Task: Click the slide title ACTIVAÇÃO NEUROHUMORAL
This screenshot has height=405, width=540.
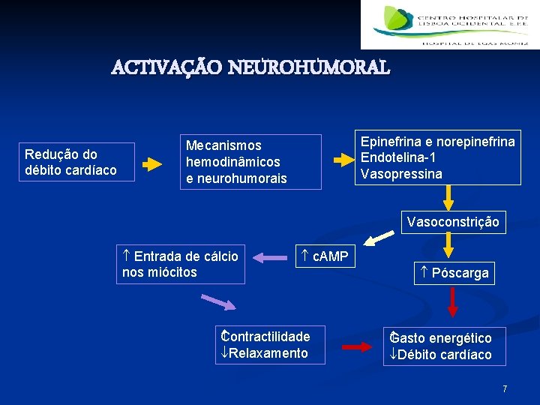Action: (x=250, y=68)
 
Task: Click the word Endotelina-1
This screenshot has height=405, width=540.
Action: (x=398, y=157)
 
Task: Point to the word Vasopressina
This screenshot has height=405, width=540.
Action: (x=401, y=174)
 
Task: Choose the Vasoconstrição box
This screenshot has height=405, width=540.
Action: (x=452, y=222)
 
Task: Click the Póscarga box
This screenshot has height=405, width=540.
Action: (x=454, y=273)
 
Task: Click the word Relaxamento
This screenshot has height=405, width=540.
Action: (x=268, y=353)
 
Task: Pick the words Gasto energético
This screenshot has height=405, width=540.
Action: (x=442, y=338)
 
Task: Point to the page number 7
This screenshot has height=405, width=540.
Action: (x=505, y=389)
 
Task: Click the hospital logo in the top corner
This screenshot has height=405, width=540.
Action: (x=449, y=25)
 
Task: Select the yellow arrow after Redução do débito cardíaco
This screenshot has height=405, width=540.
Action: (x=153, y=162)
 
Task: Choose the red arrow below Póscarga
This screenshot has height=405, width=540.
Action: (x=452, y=304)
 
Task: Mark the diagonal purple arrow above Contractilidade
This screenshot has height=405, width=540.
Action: (x=217, y=302)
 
